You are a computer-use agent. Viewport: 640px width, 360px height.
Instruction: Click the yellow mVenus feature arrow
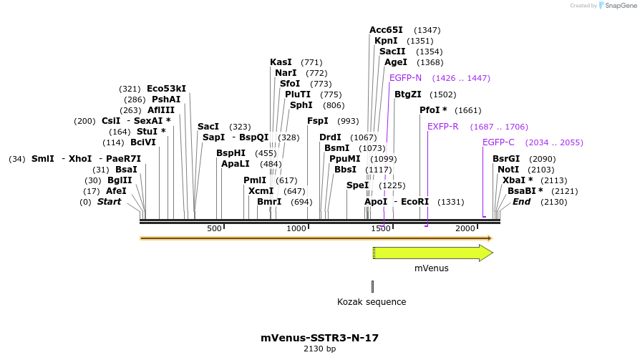432,253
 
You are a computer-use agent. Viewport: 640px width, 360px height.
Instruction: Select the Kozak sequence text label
372,302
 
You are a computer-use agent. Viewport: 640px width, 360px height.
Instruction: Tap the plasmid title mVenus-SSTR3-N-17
319,338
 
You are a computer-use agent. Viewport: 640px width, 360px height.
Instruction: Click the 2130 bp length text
319,349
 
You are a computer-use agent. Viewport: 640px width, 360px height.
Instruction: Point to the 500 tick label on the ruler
214,228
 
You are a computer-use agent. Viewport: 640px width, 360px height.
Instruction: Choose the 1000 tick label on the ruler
296,228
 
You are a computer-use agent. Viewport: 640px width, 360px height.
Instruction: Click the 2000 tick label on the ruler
465,228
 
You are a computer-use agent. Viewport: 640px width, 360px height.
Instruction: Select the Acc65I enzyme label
386,30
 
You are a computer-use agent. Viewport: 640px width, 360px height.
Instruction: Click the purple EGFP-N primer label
405,77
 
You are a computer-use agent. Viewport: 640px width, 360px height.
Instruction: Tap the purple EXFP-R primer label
442,127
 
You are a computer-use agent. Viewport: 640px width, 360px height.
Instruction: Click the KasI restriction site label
281,62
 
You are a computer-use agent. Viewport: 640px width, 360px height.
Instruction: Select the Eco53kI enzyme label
166,89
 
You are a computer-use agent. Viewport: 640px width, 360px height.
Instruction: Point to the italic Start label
109,202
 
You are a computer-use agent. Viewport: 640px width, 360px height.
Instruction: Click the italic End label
521,202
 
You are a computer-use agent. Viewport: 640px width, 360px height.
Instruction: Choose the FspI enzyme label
318,121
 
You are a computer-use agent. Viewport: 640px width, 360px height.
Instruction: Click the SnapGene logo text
618,6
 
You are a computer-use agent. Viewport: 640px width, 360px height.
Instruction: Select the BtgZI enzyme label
408,94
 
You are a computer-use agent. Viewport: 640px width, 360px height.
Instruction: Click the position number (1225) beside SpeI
392,185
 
